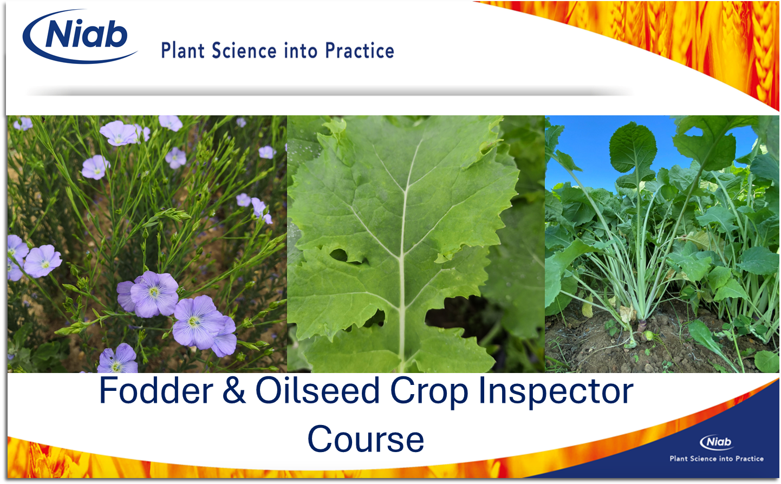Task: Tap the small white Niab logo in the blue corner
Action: click(x=716, y=442)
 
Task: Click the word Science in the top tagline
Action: click(x=244, y=50)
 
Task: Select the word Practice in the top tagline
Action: click(x=360, y=50)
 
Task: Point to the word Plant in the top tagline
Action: click(x=183, y=50)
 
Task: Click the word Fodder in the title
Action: click(x=156, y=390)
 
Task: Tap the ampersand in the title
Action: click(x=234, y=391)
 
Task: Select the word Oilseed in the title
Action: click(x=317, y=390)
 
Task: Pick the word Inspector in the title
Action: click(x=556, y=393)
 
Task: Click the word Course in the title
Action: click(x=366, y=439)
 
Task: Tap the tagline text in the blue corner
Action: click(x=717, y=459)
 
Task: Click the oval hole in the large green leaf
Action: click(x=339, y=255)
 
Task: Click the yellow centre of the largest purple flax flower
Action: click(x=154, y=292)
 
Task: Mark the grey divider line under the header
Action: click(x=329, y=93)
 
